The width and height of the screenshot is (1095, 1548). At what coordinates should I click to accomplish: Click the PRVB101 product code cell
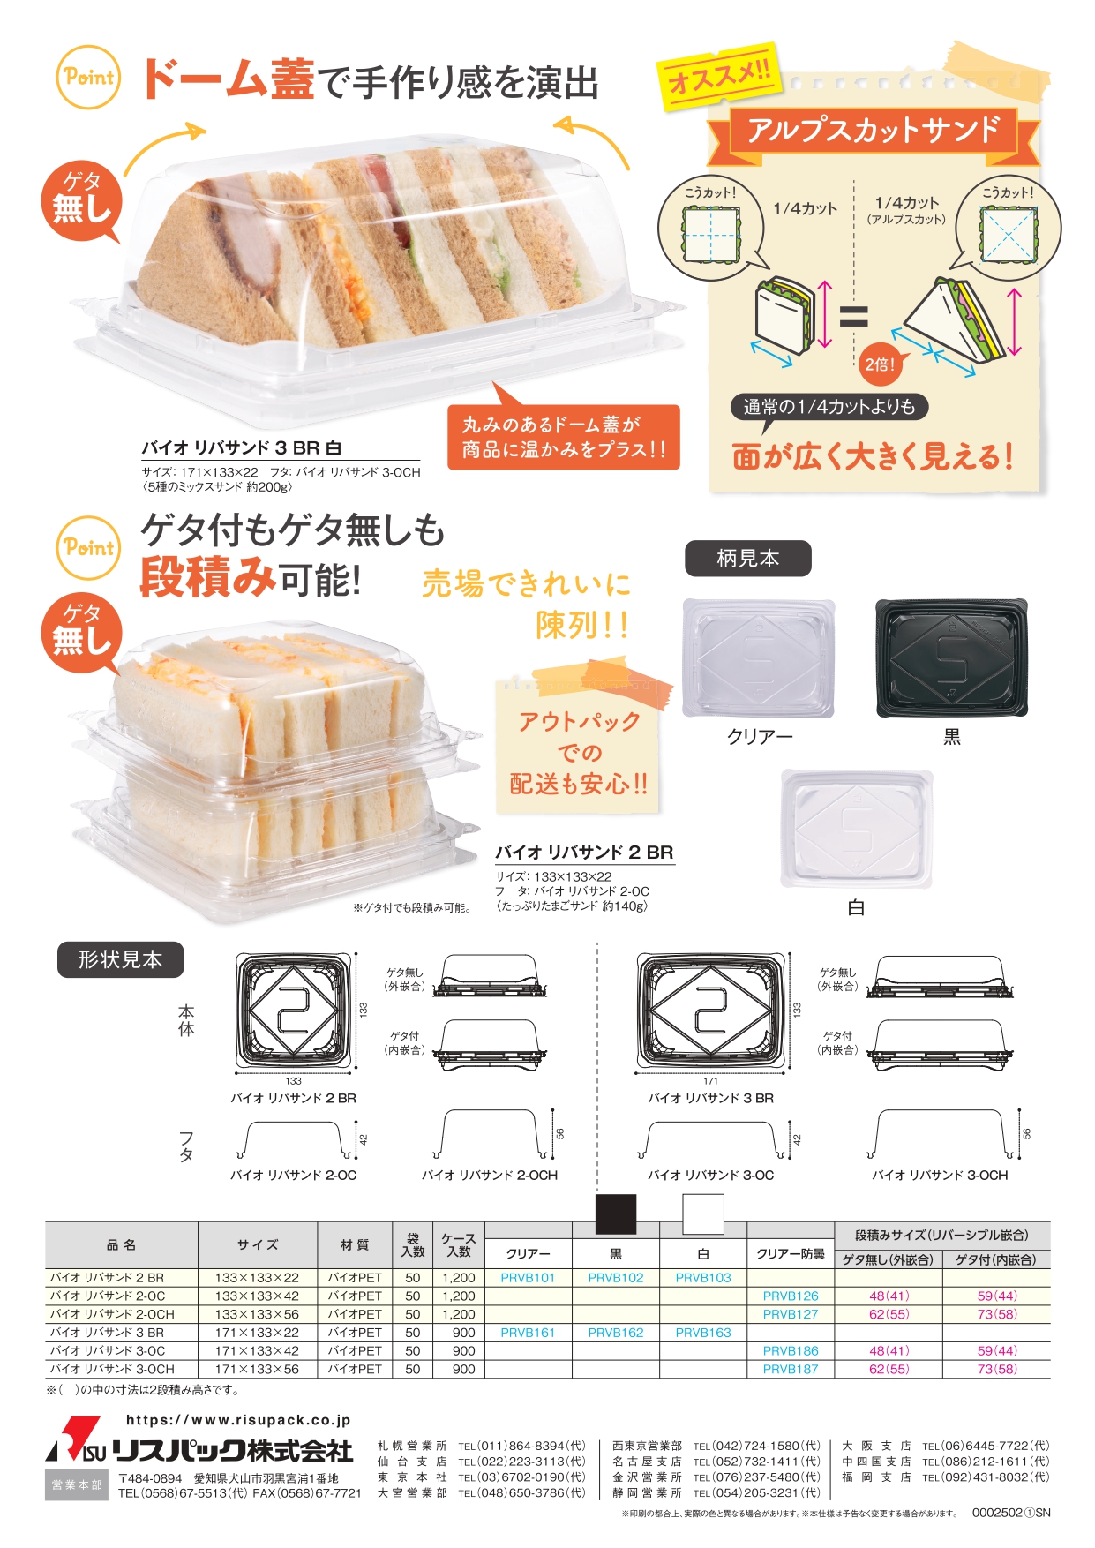coord(528,1277)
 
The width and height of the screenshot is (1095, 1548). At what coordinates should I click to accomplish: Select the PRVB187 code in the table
coord(791,1369)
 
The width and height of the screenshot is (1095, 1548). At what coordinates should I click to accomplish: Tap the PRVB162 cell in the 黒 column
coord(616,1333)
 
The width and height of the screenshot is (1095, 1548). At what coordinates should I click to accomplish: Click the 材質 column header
coord(355,1244)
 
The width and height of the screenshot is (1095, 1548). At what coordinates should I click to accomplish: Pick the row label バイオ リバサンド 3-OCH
coord(112,1369)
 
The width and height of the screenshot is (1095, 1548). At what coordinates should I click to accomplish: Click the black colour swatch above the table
coord(616,1214)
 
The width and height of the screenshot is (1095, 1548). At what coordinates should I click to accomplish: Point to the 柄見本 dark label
coord(748,559)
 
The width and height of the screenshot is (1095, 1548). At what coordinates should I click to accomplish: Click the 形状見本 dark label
coord(121,959)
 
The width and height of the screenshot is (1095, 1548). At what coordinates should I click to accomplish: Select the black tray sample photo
coord(951,657)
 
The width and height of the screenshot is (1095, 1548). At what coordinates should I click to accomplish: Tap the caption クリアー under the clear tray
coord(760,736)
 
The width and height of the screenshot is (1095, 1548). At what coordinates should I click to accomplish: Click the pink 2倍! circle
coord(880,364)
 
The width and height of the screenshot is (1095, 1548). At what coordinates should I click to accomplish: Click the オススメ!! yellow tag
coord(720,75)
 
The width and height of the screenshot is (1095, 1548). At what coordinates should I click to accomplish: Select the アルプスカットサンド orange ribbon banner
coord(874,131)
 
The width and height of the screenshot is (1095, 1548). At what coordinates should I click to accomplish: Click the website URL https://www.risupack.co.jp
coord(238,1420)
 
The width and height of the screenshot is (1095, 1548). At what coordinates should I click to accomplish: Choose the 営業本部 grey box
coord(77,1485)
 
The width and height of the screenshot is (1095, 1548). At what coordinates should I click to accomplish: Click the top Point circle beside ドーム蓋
coord(88,78)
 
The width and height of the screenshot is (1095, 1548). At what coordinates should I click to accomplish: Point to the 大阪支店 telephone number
coord(986,1446)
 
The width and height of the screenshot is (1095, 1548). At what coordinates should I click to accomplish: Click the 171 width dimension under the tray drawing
coord(710,1081)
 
